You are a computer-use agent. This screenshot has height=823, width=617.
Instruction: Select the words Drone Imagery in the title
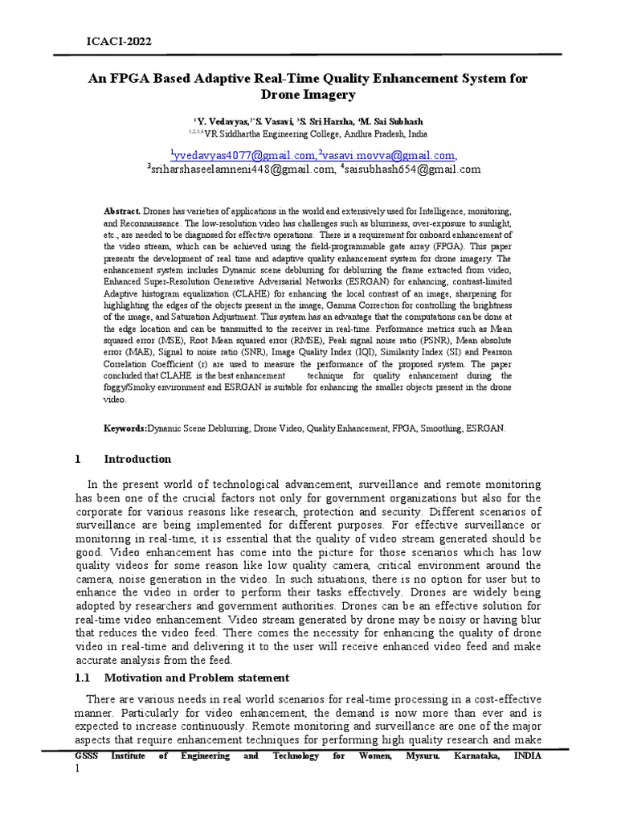click(x=308, y=95)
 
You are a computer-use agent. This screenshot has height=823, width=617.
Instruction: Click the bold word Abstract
click(x=121, y=210)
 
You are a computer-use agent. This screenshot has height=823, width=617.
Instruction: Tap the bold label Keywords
click(x=125, y=429)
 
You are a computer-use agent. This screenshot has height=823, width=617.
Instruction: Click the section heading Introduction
click(x=137, y=459)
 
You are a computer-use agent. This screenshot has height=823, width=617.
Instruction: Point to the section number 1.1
click(x=83, y=678)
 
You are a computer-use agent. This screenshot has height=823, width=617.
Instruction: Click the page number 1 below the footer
click(x=77, y=769)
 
